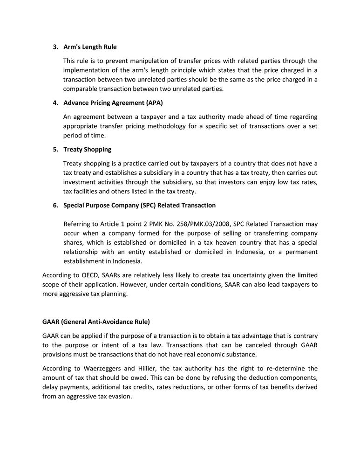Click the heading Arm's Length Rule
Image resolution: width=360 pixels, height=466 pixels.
tap(90, 47)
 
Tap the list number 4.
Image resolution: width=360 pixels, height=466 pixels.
tap(55, 103)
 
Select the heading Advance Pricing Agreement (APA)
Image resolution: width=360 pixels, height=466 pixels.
tap(113, 103)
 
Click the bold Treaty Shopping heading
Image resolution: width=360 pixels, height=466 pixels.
tap(87, 150)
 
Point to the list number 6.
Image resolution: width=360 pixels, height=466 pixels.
tap(55, 206)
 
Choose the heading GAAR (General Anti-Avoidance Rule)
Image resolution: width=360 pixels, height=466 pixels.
tap(96, 322)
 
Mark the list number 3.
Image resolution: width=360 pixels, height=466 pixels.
tap(55, 47)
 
